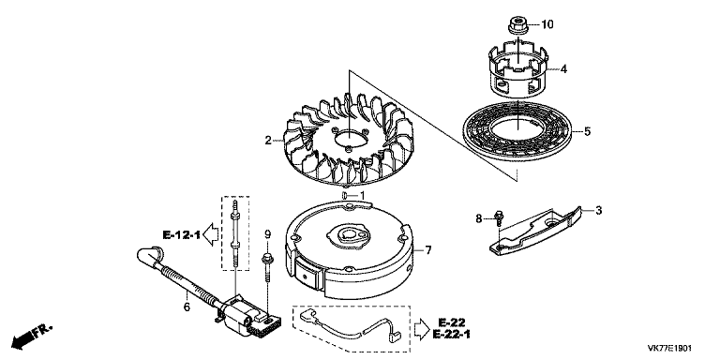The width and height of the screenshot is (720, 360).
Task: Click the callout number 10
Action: [547, 24]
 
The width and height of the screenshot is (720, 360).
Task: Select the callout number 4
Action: [563, 69]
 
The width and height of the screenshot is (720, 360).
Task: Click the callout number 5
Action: [587, 132]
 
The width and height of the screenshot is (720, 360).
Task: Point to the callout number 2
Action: [268, 141]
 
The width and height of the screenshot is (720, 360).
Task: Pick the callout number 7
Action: [428, 250]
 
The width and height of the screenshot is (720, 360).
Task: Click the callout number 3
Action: [598, 211]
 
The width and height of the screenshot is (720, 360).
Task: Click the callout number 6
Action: [187, 307]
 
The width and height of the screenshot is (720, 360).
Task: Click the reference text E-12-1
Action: [182, 235]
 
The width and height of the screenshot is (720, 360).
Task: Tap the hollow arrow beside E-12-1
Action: [211, 234]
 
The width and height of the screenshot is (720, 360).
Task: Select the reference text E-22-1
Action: [451, 335]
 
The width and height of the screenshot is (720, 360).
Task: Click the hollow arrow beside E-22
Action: [422, 328]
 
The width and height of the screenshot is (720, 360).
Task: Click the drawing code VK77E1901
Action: [669, 349]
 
